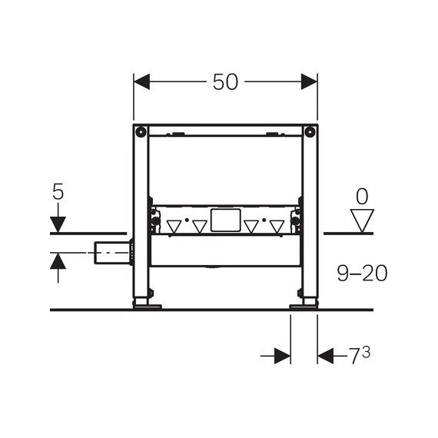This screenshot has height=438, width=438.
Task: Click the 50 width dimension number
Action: pyautogui.click(x=225, y=82)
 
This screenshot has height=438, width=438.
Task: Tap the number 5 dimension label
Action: pyautogui.click(x=58, y=192)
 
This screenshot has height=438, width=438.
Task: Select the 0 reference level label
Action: pyautogui.click(x=362, y=197)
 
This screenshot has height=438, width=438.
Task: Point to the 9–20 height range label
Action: pyautogui.click(x=362, y=274)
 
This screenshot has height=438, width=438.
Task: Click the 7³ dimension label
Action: pyautogui.click(x=360, y=356)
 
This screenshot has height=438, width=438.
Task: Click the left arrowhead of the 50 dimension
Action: pyautogui.click(x=141, y=81)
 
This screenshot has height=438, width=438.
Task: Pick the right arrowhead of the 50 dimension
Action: pyautogui.click(x=309, y=81)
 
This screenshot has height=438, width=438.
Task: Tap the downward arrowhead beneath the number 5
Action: pyautogui.click(x=58, y=224)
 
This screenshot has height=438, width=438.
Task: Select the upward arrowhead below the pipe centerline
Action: pyautogui.click(x=58, y=261)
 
